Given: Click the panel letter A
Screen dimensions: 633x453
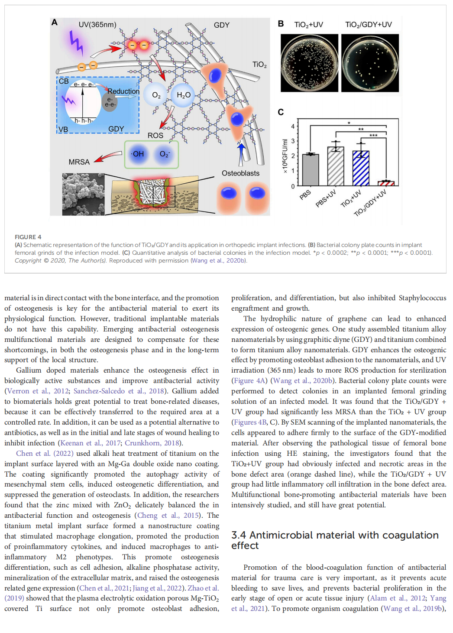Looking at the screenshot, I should click(55, 22).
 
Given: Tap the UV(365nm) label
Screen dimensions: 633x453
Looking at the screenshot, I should click(97, 25).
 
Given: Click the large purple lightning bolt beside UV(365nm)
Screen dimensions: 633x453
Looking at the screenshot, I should click(76, 43).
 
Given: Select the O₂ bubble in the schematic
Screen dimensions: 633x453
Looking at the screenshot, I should click(156, 95).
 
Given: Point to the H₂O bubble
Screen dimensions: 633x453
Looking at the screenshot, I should click(184, 95).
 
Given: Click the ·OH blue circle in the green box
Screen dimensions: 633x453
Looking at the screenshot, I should click(138, 154).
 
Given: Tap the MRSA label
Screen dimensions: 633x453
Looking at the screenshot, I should click(79, 162).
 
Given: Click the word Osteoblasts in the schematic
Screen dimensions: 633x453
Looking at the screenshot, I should click(240, 173).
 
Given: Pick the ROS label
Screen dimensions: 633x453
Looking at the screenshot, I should click(155, 136).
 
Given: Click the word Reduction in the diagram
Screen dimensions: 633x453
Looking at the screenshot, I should click(123, 91).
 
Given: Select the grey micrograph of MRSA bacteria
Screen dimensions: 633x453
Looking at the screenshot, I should click(83, 194).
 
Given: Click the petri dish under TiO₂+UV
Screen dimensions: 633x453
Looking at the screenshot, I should click(309, 63).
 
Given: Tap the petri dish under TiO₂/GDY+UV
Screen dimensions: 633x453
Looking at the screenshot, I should click(370, 63).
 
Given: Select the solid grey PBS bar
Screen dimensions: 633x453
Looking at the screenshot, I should click(311, 170).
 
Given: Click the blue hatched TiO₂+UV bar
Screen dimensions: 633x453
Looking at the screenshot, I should click(361, 169).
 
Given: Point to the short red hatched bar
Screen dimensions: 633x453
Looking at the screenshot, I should click(386, 183).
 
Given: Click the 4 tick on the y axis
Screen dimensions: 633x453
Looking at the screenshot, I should click(293, 127).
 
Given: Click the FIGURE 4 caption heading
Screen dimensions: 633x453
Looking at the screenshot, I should click(28, 237).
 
